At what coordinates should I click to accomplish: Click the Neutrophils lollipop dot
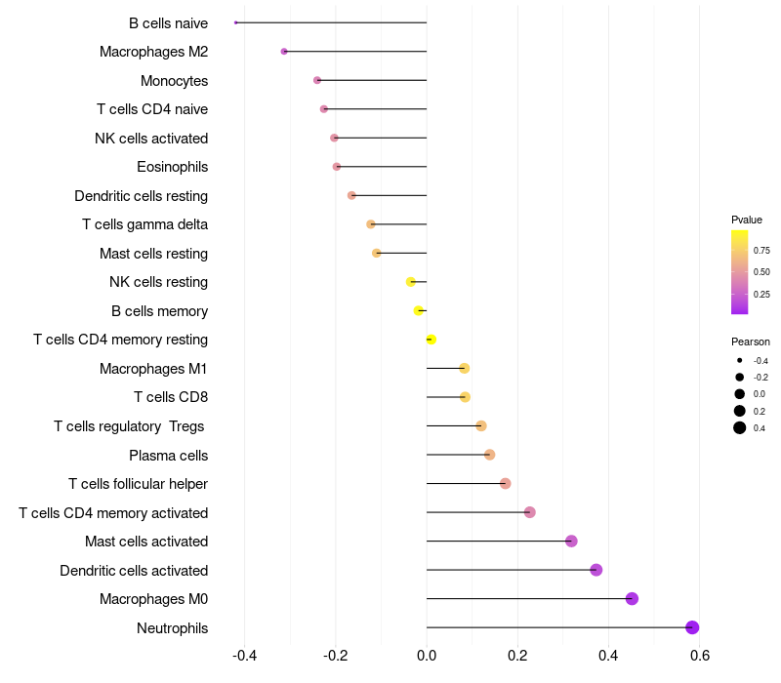(x=692, y=627)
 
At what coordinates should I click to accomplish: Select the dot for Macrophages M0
(x=632, y=599)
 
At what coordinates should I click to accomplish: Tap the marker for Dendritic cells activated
(x=596, y=570)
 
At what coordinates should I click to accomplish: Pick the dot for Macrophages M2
(x=284, y=52)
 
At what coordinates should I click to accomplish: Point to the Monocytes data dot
(x=317, y=80)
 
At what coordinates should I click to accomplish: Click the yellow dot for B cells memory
(x=419, y=311)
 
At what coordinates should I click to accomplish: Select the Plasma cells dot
(x=490, y=455)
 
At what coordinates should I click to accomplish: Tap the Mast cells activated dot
(x=571, y=542)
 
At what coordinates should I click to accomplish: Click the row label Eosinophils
(x=172, y=167)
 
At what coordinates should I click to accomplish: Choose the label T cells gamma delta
(x=144, y=224)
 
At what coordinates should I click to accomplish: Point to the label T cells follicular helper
(x=138, y=484)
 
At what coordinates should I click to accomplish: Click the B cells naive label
(x=168, y=22)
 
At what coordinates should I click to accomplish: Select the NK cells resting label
(x=158, y=282)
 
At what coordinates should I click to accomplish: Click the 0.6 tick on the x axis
(x=699, y=655)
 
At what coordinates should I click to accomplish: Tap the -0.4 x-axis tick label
(x=243, y=655)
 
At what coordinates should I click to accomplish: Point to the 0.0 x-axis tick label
(x=427, y=655)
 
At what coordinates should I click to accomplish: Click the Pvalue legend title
(x=747, y=220)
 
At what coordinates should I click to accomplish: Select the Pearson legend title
(x=751, y=341)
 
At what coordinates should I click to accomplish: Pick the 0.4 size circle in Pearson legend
(x=740, y=427)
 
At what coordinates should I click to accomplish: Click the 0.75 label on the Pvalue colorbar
(x=761, y=251)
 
